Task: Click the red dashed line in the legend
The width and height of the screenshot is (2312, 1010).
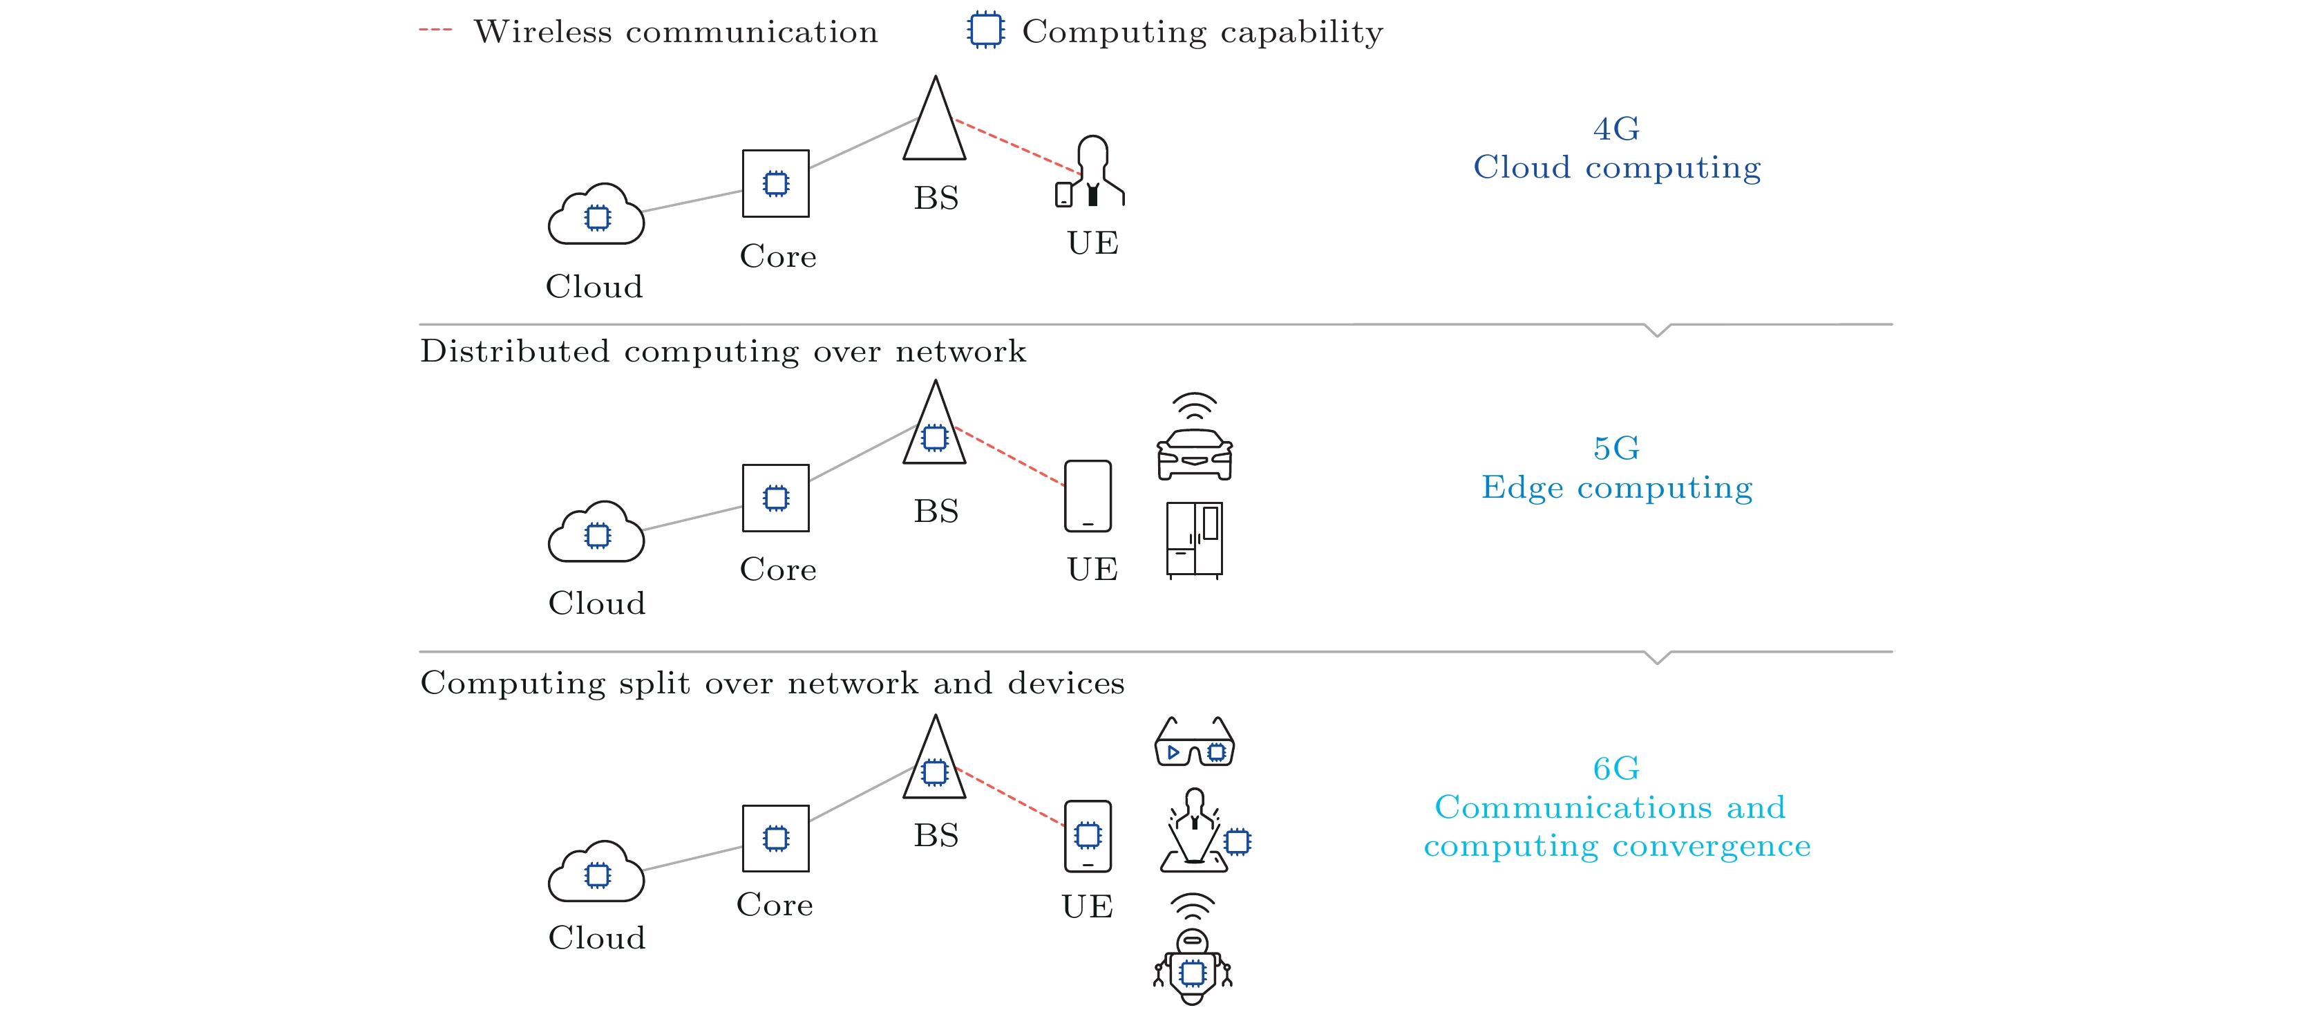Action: [435, 30]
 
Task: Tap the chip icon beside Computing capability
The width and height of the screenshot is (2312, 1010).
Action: [985, 30]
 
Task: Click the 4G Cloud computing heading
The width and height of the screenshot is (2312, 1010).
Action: [1616, 148]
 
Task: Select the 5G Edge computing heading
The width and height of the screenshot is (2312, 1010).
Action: [1616, 468]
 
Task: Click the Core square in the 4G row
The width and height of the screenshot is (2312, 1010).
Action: [775, 184]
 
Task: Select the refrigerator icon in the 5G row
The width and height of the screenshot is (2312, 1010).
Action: [1194, 539]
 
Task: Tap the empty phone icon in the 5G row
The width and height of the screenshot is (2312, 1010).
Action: [1088, 496]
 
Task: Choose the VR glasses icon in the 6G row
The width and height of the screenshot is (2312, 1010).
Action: [1194, 742]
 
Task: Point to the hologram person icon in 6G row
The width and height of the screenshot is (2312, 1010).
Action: [1195, 830]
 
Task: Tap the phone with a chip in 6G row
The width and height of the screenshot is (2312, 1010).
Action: [1088, 836]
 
